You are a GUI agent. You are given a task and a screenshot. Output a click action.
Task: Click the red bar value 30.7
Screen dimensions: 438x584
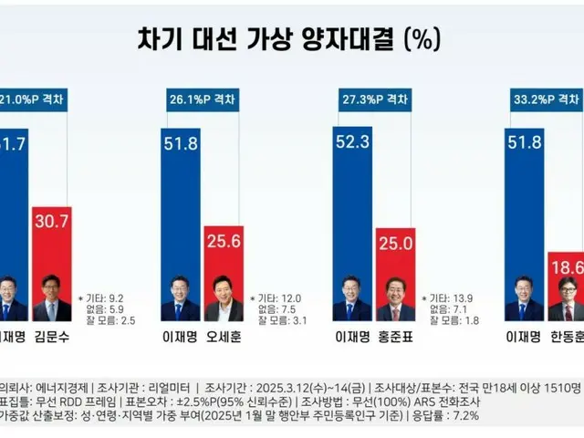point(53,217)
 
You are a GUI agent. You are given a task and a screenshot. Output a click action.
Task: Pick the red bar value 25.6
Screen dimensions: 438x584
point(224,241)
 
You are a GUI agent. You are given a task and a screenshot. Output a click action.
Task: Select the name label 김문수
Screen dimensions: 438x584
point(53,337)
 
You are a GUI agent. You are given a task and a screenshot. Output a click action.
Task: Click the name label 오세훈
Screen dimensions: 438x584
point(224,337)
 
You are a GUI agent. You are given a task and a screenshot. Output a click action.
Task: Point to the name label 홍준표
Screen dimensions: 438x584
point(394,337)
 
